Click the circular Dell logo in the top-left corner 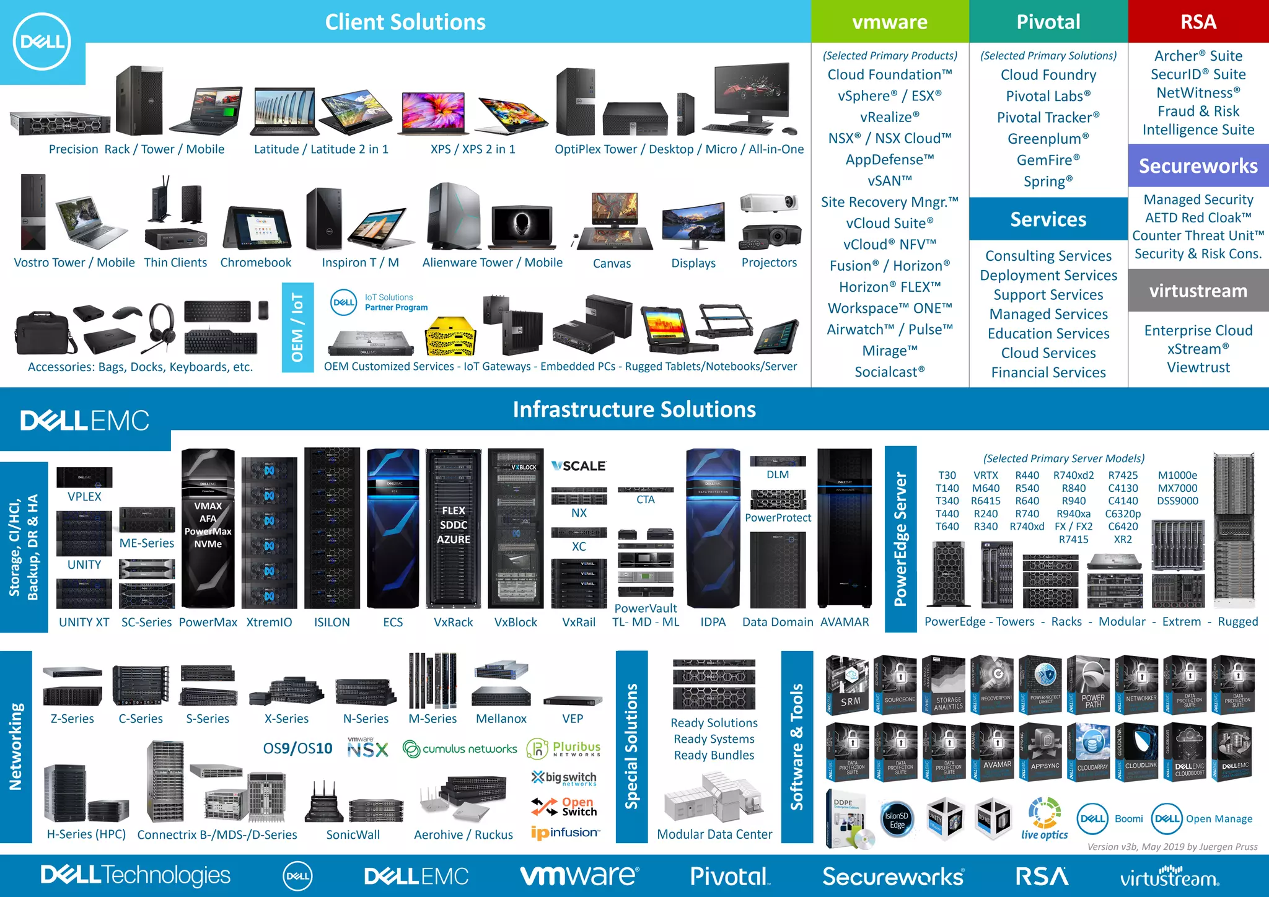coord(42,42)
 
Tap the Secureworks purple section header coord(1198,166)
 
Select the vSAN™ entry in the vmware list coord(890,181)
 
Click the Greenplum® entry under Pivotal coord(1048,139)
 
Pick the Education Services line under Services coord(1048,333)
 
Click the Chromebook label coord(255,263)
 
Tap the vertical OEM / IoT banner coord(297,327)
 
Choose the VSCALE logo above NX coord(579,466)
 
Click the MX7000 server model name coord(1177,488)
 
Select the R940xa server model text coord(1073,514)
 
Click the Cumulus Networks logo coord(460,749)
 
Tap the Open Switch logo coord(564,807)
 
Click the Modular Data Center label coord(714,834)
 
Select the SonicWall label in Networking coord(353,834)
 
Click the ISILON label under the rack coord(332,622)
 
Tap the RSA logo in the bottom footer coord(1042,877)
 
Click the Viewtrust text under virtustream coord(1198,367)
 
